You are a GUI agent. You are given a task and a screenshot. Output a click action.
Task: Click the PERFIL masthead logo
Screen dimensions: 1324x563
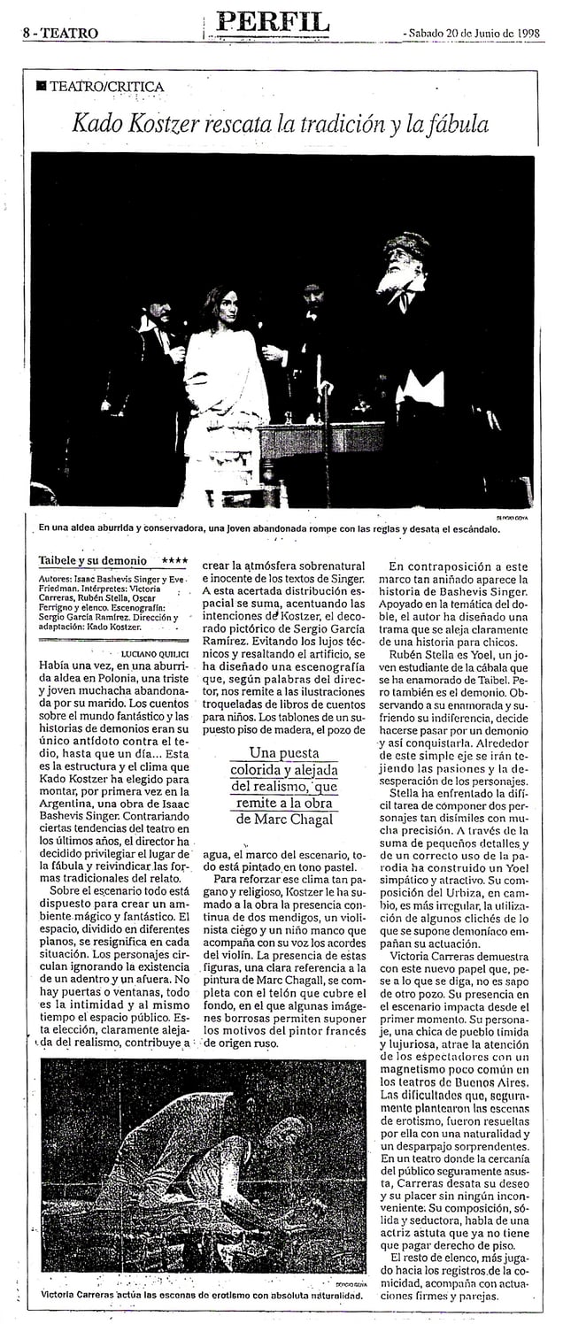[x=271, y=22]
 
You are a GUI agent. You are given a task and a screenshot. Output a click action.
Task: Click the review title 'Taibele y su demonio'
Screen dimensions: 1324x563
[x=93, y=561]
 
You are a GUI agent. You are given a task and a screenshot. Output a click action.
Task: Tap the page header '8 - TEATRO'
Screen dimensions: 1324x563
[x=59, y=34]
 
